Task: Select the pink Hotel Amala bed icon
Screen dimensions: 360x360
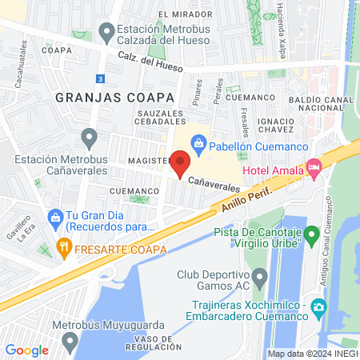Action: pos(314,170)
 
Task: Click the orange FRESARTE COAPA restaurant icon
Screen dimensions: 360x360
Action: pos(64,248)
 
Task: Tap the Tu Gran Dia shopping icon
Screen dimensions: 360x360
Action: pos(54,216)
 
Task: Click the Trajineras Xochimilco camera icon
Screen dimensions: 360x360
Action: pos(318,307)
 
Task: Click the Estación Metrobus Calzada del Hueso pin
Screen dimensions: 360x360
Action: pos(106,33)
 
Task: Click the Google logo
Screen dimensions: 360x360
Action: pos(27,350)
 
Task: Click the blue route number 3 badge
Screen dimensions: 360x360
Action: pos(98,78)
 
